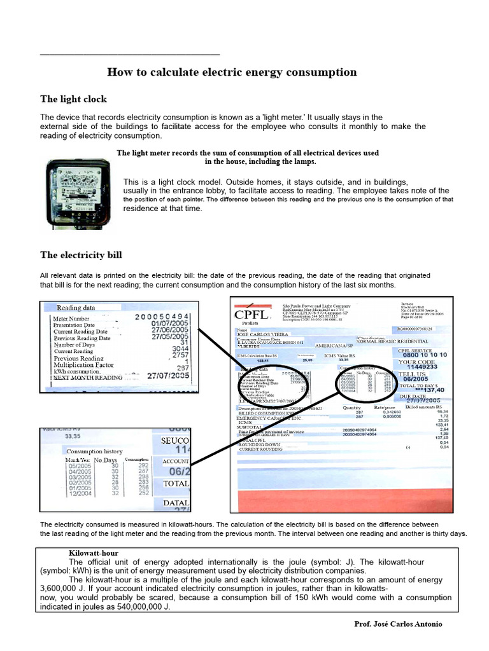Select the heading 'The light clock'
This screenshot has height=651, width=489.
click(73, 99)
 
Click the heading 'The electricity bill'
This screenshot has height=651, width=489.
click(81, 255)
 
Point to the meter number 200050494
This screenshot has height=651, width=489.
click(162, 317)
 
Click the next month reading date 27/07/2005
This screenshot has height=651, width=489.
click(168, 376)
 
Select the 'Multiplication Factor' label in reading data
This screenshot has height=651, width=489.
click(83, 366)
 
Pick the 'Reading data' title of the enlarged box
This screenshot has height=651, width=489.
click(76, 308)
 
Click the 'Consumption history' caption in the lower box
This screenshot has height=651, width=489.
click(95, 451)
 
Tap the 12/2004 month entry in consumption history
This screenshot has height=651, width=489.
click(80, 492)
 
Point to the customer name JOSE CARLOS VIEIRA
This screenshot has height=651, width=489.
click(262, 334)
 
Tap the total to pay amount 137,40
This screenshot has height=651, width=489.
click(428, 390)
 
